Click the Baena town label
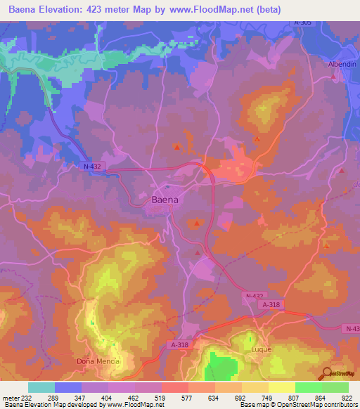tap(165, 200)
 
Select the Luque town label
tap(261, 349)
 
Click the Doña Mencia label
tap(98, 361)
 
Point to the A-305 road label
tap(303, 22)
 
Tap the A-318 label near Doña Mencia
tap(181, 344)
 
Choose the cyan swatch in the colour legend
tap(41, 387)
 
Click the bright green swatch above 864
tap(308, 387)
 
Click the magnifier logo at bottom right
tap(325, 374)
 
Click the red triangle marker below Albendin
tap(342, 171)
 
